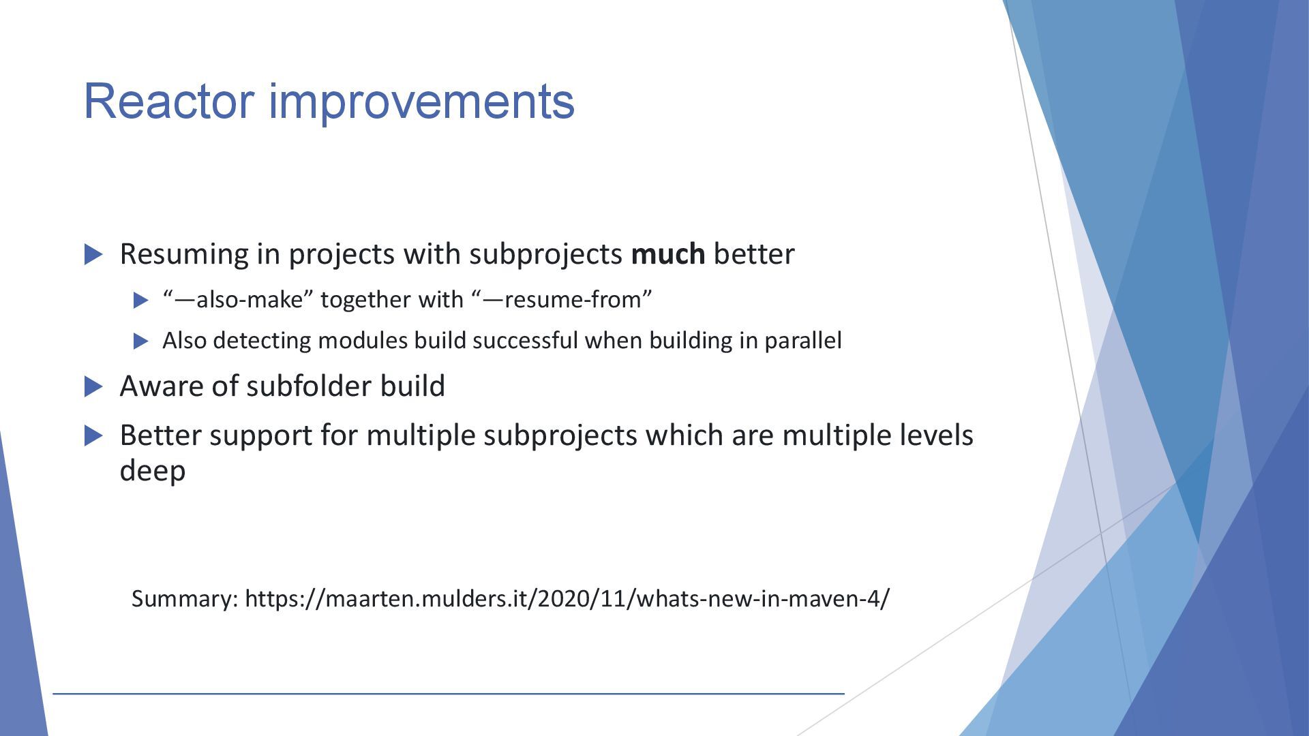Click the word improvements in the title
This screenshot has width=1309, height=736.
[422, 101]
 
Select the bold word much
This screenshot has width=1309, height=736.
[668, 254]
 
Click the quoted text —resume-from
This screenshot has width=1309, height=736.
[562, 299]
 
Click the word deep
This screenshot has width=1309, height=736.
[152, 472]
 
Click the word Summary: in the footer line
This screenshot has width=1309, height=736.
[185, 598]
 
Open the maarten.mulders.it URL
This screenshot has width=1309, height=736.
[567, 598]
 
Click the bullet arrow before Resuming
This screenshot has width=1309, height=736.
[93, 255]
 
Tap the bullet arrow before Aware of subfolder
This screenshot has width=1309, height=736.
[93, 387]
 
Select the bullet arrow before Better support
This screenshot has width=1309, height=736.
[93, 436]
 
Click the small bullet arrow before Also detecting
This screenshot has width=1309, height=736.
[141, 341]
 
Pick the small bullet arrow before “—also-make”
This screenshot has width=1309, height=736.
[141, 300]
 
